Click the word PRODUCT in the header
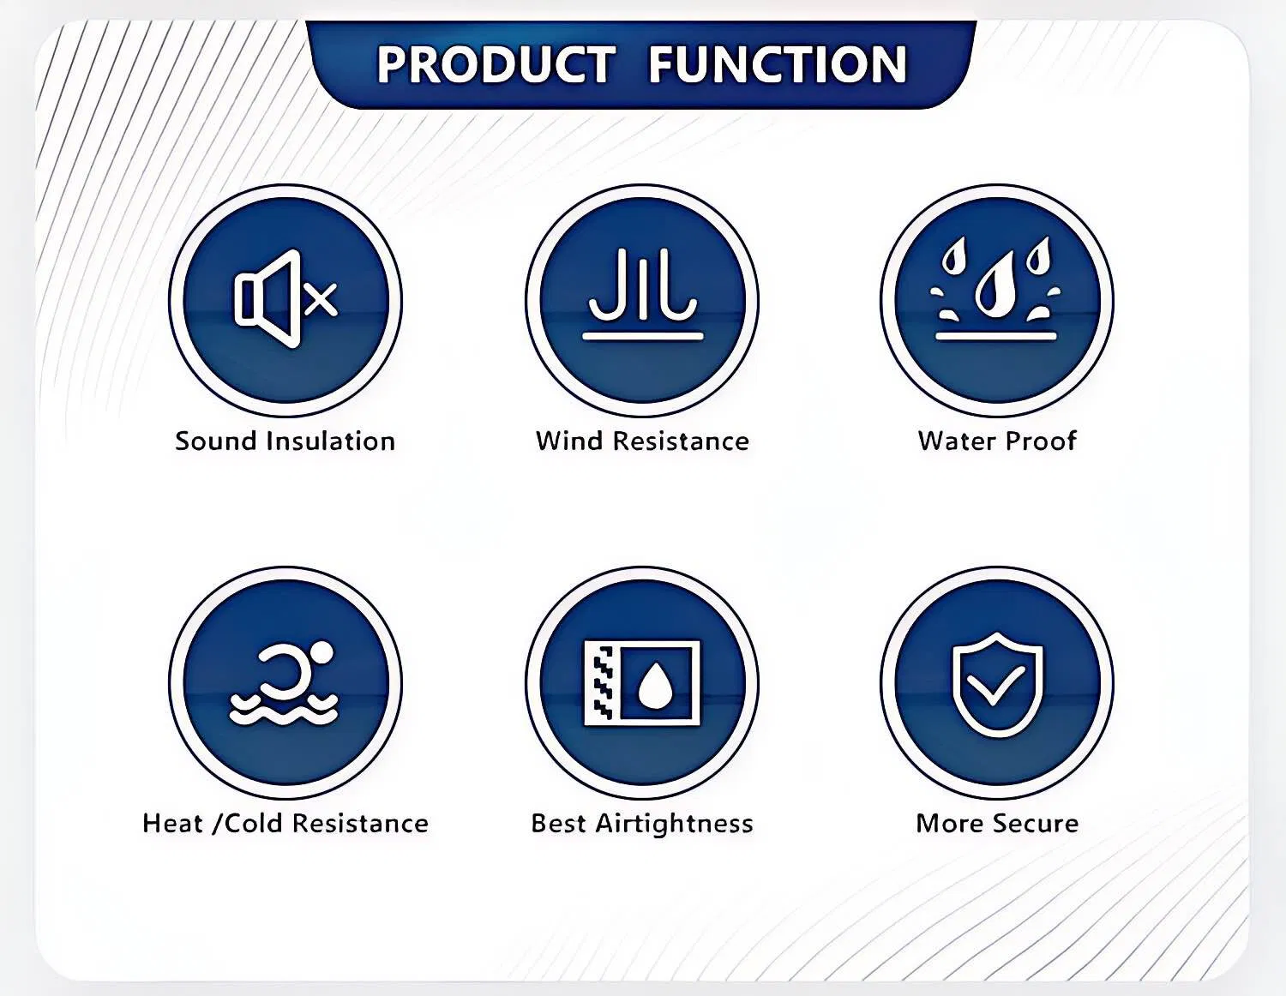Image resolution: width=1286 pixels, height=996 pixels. point(496,65)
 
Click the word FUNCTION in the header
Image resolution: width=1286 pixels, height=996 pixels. point(777,65)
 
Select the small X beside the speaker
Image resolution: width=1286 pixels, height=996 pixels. point(321,299)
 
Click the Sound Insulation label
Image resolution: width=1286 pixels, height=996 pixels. point(285,441)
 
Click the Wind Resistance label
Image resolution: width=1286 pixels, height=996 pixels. point(642,441)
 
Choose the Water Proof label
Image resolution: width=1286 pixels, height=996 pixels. point(997,441)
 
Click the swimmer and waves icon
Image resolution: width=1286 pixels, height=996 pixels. point(285,684)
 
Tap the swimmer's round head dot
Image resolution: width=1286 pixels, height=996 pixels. point(322,653)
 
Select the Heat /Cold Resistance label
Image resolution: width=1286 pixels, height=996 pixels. point(285,823)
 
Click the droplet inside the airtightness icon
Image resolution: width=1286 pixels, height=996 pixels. point(656,684)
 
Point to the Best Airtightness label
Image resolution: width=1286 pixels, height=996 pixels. point(642,823)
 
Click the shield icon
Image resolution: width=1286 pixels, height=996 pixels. point(997,683)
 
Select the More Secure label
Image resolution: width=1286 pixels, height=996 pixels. point(997,823)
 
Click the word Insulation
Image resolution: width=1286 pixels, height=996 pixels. point(330,441)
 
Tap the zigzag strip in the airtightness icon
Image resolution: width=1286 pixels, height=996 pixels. point(604,684)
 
